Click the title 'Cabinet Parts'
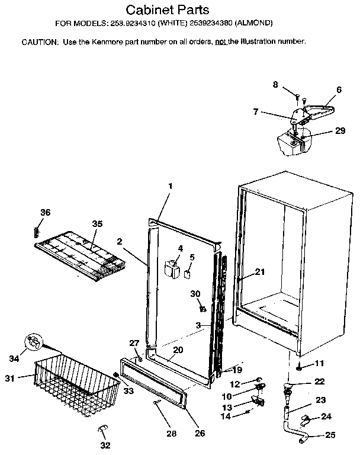[168, 10]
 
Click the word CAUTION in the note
[39, 43]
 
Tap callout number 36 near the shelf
[46, 213]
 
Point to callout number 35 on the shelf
[97, 223]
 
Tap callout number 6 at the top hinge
[339, 89]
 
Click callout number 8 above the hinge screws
[275, 85]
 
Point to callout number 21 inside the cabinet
[259, 272]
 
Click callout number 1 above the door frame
[170, 186]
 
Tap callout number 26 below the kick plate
[200, 433]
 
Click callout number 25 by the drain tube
[330, 435]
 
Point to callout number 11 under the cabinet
[319, 363]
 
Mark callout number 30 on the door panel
[196, 294]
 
